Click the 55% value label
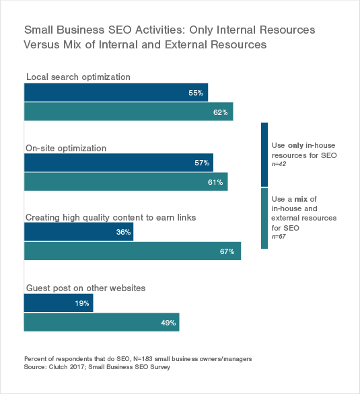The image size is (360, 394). tap(196, 93)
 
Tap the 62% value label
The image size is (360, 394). tap(221, 112)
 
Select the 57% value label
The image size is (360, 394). tap(201, 163)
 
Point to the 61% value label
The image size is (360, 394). tap(215, 182)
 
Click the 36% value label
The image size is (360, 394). tap(121, 233)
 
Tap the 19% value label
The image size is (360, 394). tap(81, 303)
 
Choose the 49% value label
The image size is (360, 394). tap(167, 323)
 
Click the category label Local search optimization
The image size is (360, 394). tap(78, 76)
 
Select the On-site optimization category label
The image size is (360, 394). tap(66, 147)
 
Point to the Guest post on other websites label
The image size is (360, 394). tap(85, 287)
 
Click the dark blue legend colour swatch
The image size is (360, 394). tap(264, 154)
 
